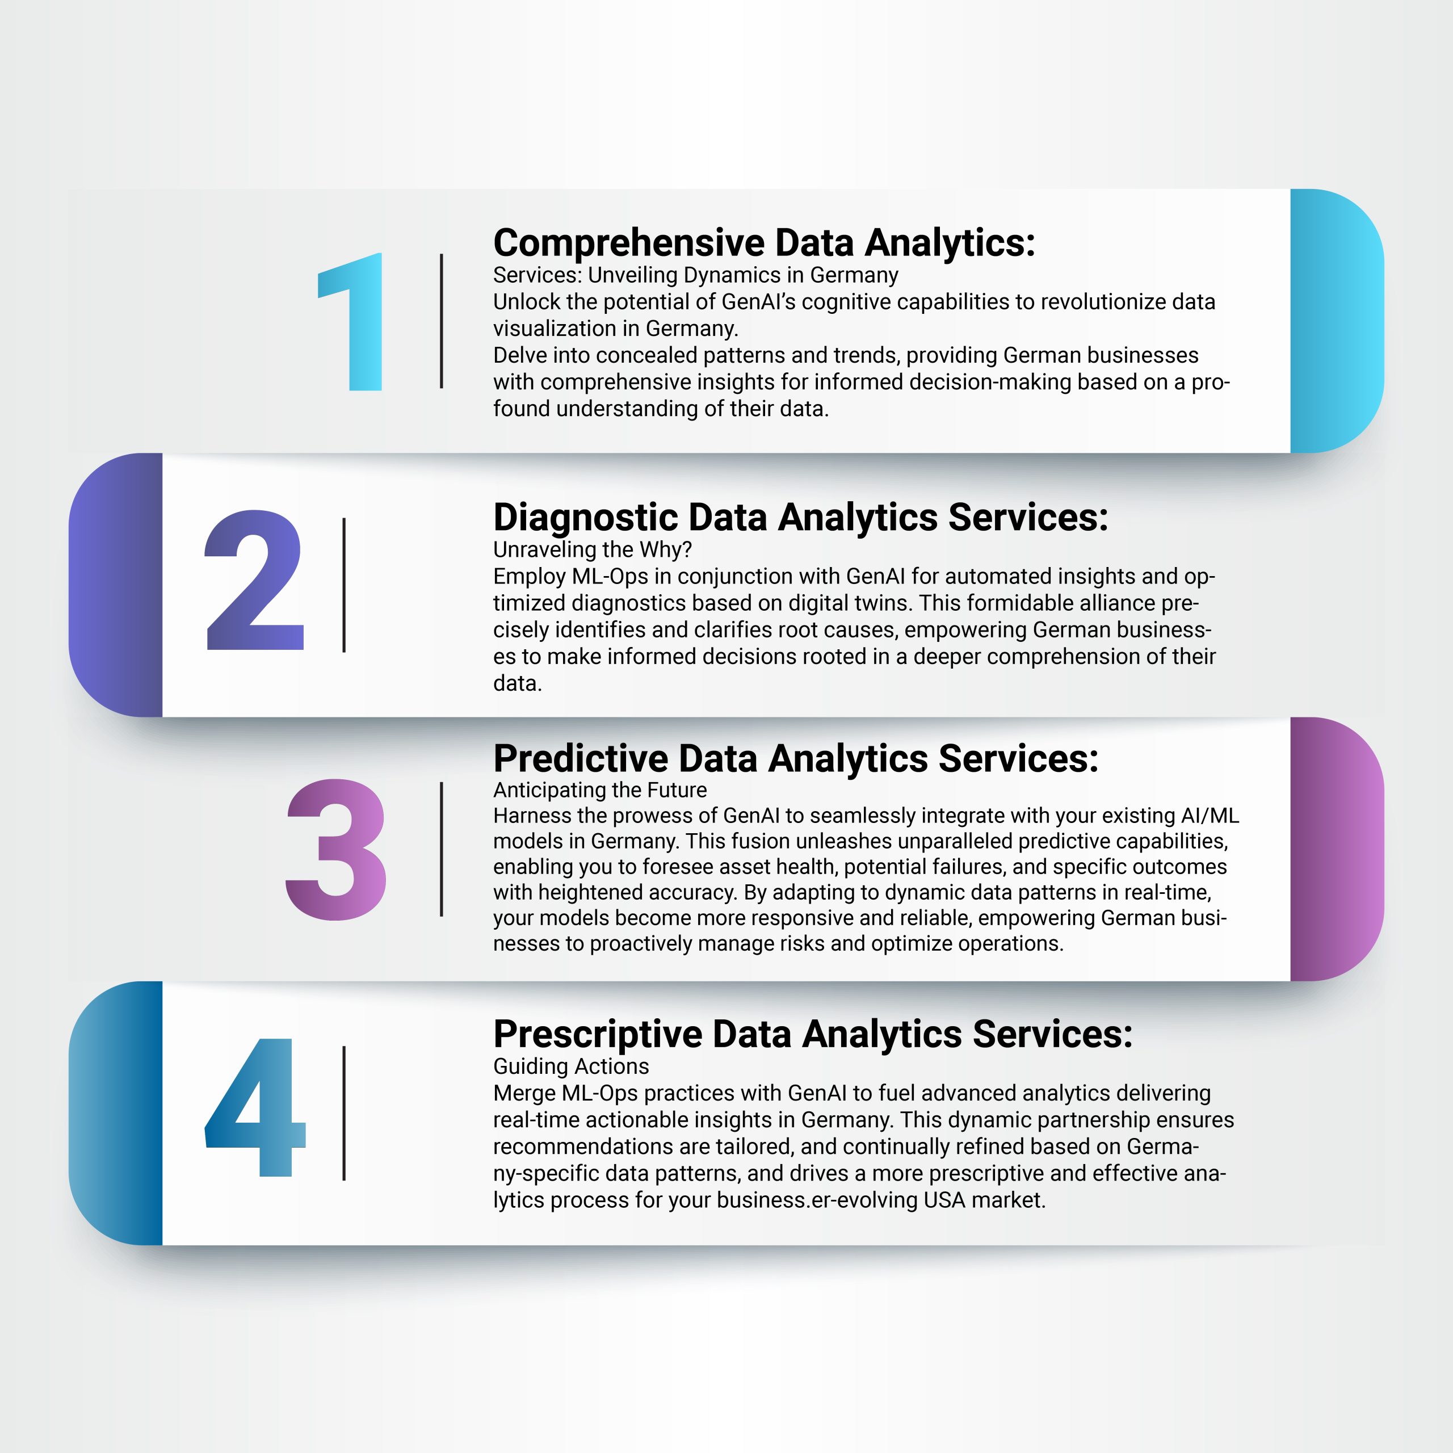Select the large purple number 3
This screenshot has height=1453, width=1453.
pyautogui.click(x=336, y=849)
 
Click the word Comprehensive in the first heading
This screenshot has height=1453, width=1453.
pyautogui.click(x=629, y=243)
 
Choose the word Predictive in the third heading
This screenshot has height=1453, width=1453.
pyautogui.click(x=581, y=758)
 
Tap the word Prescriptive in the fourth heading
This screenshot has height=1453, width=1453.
pyautogui.click(x=597, y=1035)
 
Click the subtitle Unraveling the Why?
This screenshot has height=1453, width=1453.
pyautogui.click(x=593, y=550)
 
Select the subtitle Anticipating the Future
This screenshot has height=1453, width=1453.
pyautogui.click(x=600, y=790)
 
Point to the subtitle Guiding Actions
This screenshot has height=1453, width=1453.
pyautogui.click(x=571, y=1066)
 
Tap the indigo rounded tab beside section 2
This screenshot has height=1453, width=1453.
pyautogui.click(x=116, y=585)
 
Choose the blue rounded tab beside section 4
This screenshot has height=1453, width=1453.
pyautogui.click(x=116, y=1113)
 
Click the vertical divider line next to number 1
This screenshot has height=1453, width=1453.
pyautogui.click(x=442, y=321)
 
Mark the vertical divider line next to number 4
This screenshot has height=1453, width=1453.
pyautogui.click(x=344, y=1113)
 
